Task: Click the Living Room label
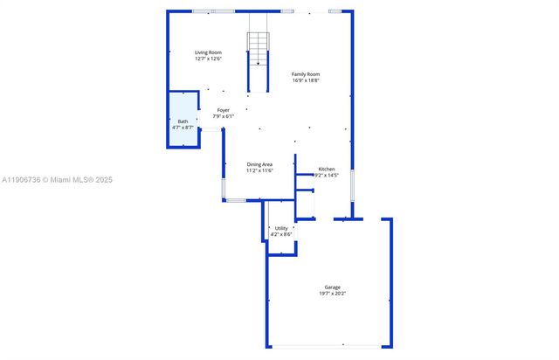208,52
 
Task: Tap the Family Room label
306,74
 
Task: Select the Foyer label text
224,110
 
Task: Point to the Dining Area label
259,164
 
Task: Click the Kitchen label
327,169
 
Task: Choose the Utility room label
280,228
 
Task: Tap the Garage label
332,287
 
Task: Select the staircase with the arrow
258,49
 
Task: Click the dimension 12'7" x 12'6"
208,59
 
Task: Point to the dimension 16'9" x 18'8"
306,80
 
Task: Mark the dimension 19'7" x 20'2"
332,294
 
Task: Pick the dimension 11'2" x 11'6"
259,170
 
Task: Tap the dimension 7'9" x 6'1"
224,116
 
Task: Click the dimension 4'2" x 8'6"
280,234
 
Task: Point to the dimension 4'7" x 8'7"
183,128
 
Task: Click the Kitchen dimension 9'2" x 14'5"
327,175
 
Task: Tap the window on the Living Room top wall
214,11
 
